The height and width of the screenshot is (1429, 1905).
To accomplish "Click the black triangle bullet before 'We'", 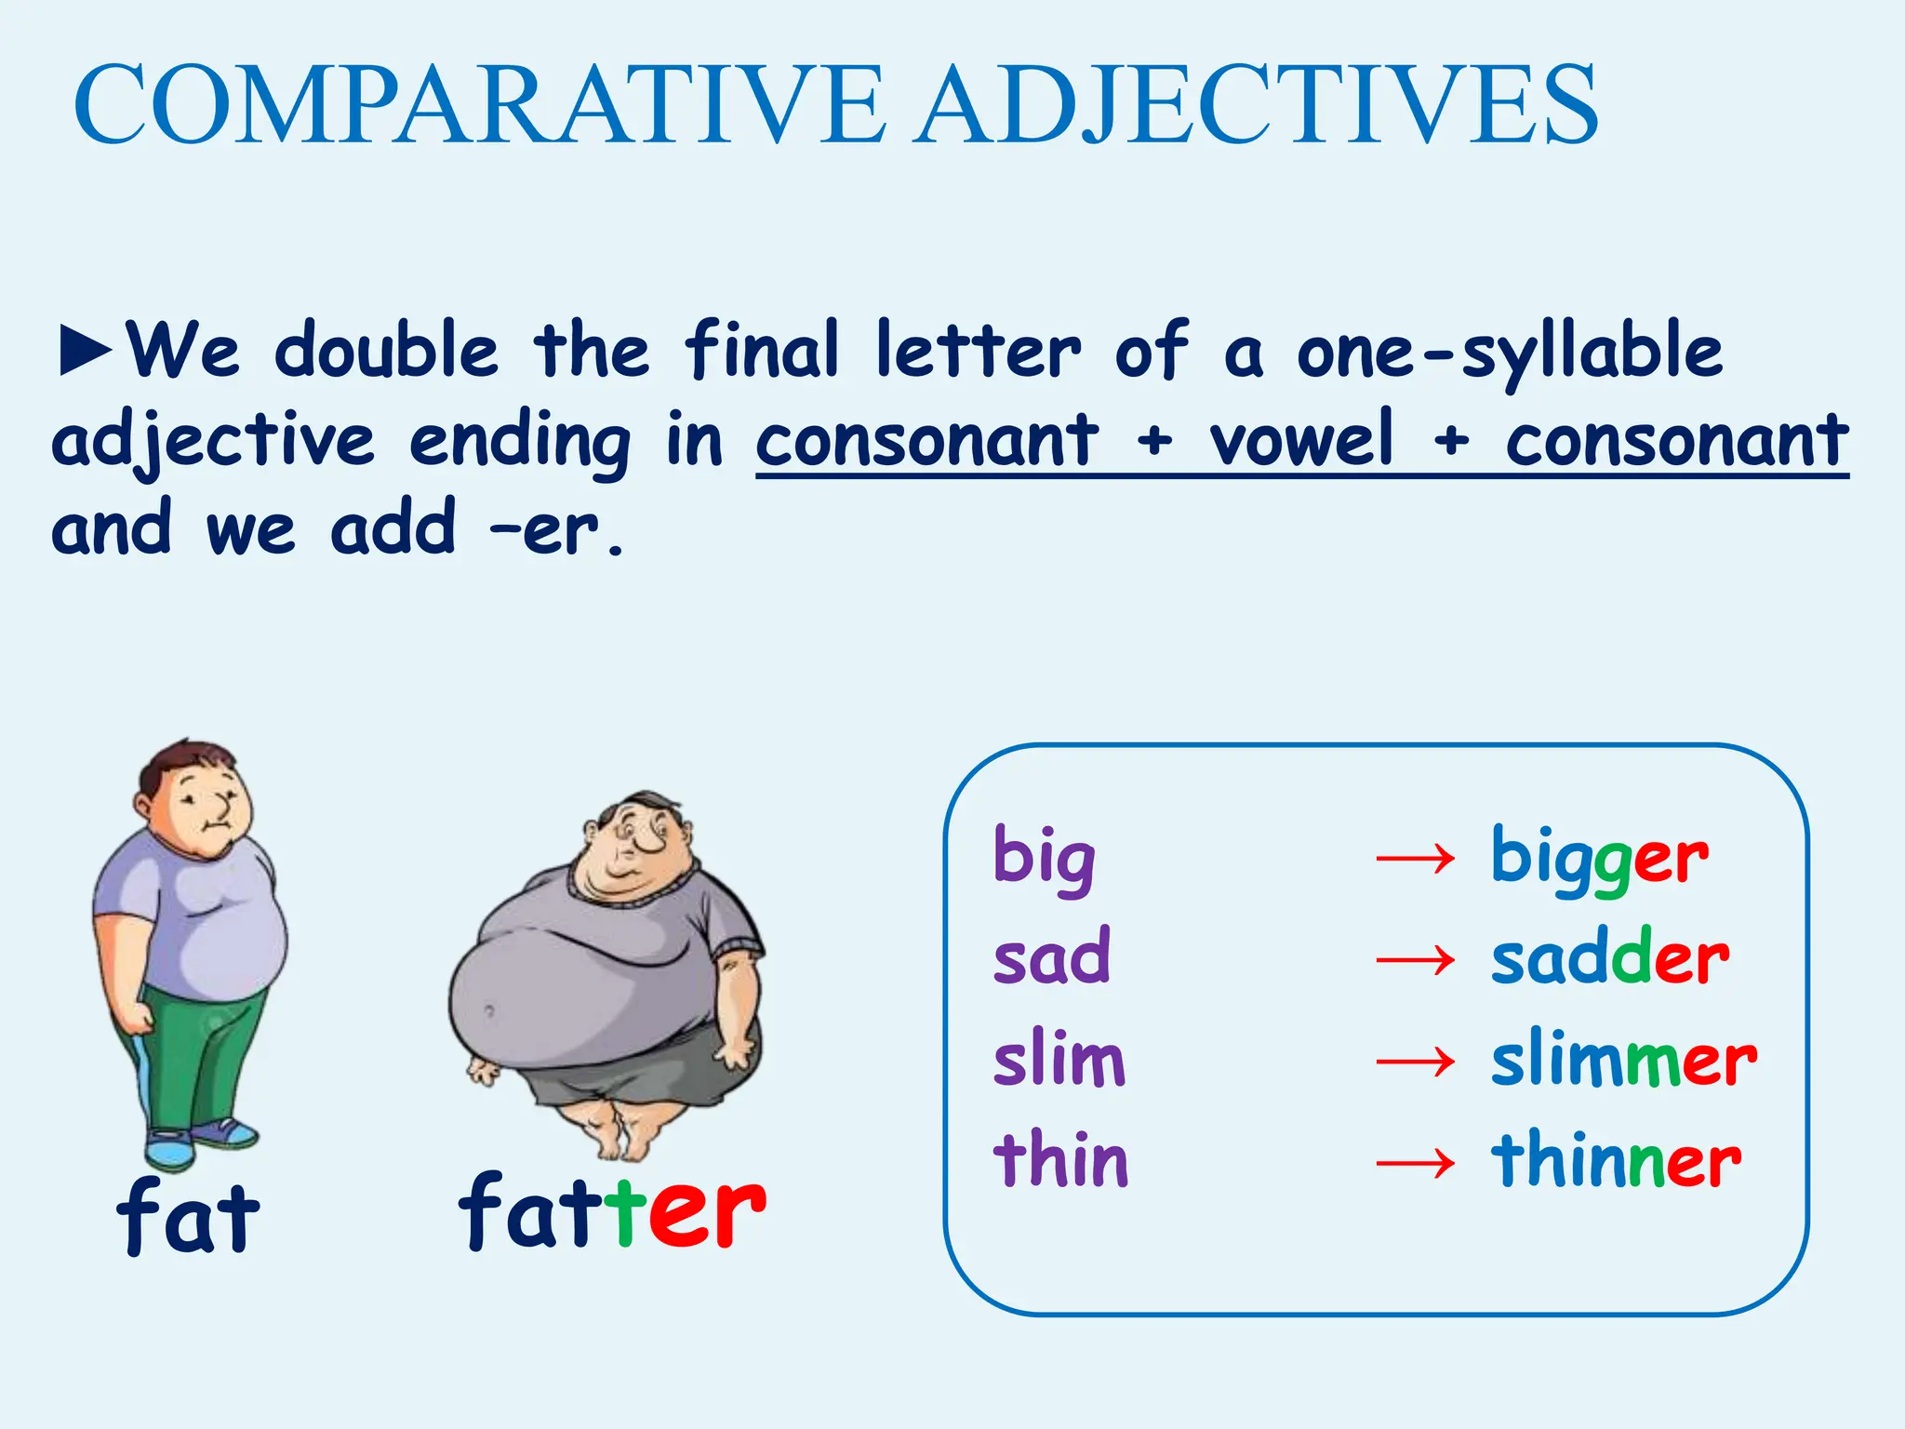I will pos(86,351).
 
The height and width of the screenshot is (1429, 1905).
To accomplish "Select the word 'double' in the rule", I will pos(387,351).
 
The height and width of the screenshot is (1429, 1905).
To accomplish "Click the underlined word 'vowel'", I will pos(1301,439).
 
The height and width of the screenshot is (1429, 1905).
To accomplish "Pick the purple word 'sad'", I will pos(1052,957).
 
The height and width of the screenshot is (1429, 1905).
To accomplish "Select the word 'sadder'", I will pos(1610,957).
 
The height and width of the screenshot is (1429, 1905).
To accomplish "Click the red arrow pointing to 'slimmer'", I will pos(1415,1061).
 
